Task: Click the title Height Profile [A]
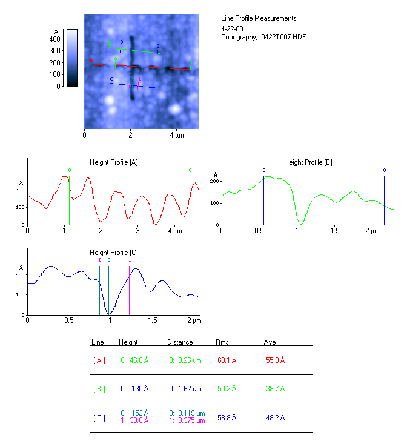tap(114, 162)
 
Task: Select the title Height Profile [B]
tap(308, 162)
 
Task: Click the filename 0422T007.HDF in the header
tap(283, 37)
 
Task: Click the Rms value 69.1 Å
tap(227, 360)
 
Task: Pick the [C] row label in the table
tap(99, 418)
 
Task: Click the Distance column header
tap(180, 342)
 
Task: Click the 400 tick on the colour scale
tap(55, 39)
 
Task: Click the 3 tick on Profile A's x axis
tap(138, 231)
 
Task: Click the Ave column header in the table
tap(270, 342)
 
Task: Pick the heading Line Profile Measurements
tap(259, 19)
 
